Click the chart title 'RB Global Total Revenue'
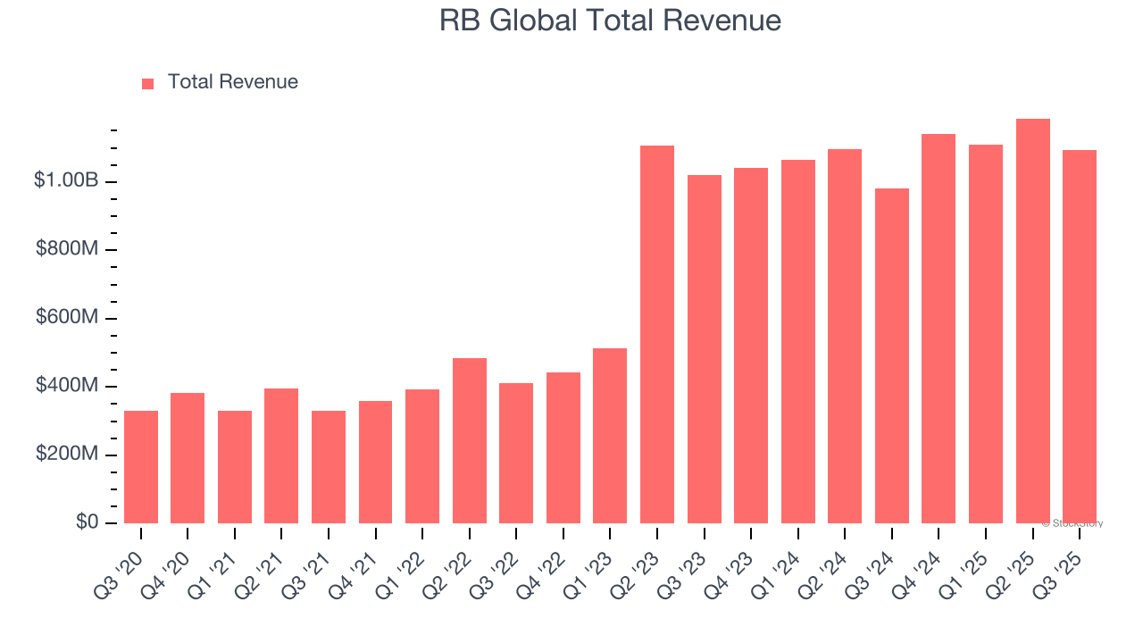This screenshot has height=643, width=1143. pos(610,21)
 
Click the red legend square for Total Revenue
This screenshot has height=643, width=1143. pos(148,83)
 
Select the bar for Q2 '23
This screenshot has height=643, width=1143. pos(656,334)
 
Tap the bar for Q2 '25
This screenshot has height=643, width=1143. pos(1032,321)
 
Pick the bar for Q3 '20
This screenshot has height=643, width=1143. pos(141,467)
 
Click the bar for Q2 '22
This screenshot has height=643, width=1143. pos(469,440)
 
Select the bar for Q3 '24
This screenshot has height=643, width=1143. pos(891,355)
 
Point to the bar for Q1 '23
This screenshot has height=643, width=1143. pos(610,436)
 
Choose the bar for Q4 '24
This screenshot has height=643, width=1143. pos(939,329)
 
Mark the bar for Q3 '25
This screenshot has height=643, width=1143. pos(1079,337)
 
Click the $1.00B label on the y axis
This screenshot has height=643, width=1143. pos(66,180)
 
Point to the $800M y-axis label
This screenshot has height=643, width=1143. pos(67,249)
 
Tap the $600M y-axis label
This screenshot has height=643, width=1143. pos(67,318)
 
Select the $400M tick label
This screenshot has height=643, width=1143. pos(67,386)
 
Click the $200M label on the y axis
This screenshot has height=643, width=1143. pos(67,455)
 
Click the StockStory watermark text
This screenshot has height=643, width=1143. pos(1072,523)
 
